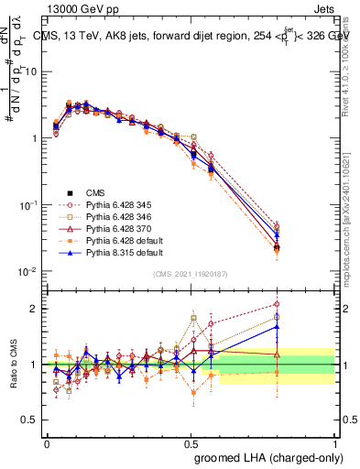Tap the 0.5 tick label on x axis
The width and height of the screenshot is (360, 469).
click(x=191, y=441)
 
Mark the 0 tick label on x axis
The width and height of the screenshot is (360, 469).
click(x=48, y=441)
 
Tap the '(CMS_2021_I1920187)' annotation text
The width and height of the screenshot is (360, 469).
click(x=191, y=274)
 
